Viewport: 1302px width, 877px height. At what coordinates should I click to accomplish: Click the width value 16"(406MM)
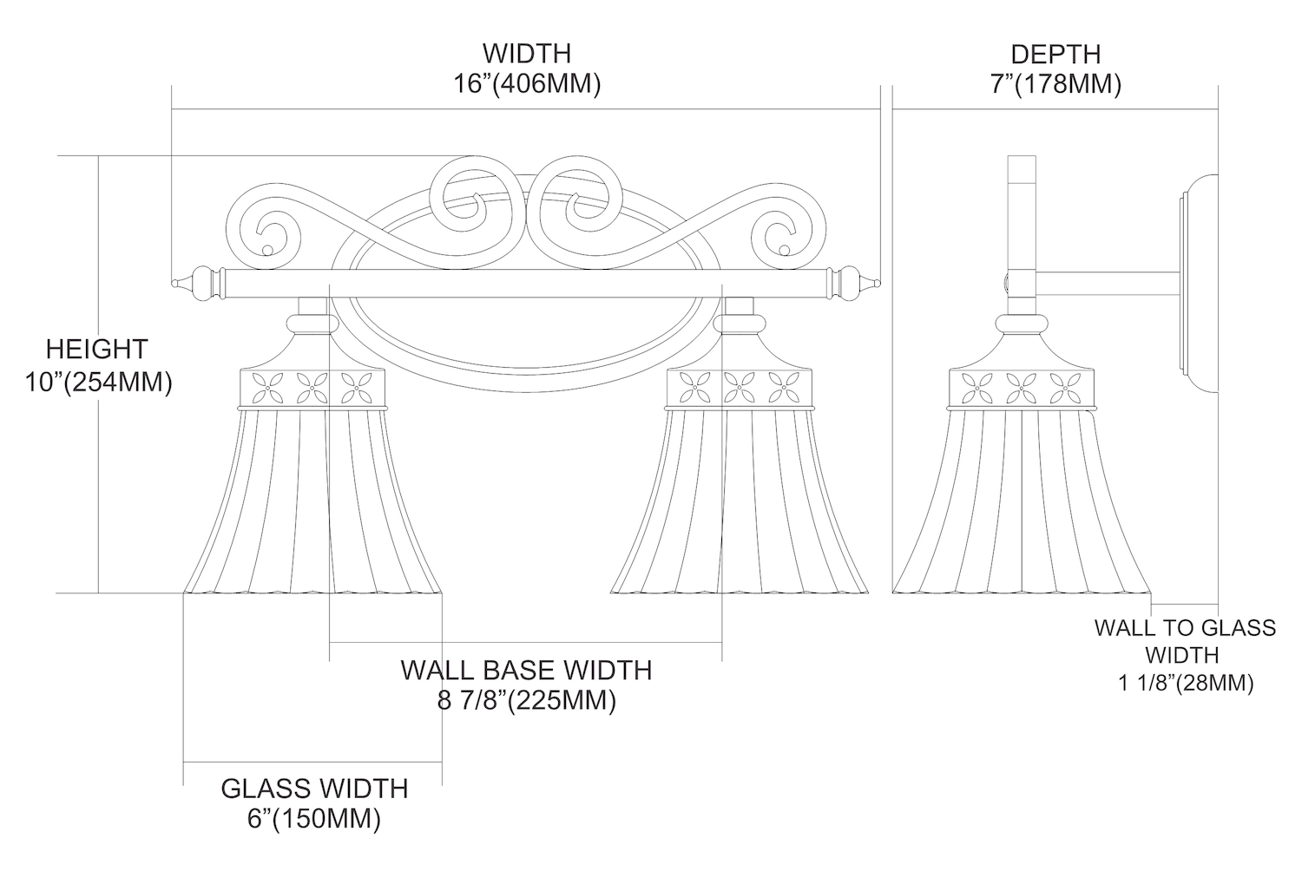527,85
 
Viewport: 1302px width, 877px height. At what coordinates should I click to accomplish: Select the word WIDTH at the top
527,53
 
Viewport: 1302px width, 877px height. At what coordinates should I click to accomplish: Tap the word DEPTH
1055,54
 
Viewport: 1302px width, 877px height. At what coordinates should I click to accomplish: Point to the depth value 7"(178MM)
1055,85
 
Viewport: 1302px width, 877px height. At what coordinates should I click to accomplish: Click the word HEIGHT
97,350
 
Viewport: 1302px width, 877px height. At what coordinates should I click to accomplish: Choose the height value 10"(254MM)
98,382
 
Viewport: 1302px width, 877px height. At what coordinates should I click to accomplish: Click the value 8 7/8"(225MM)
527,700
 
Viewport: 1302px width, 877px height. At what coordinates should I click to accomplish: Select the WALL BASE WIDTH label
527,670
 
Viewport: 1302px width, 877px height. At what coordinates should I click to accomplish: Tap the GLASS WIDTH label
314,789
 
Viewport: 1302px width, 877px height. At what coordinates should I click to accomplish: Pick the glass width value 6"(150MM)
314,819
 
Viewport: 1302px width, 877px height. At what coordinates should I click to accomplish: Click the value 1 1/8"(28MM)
1185,684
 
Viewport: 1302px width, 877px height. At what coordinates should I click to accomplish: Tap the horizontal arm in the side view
1107,284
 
